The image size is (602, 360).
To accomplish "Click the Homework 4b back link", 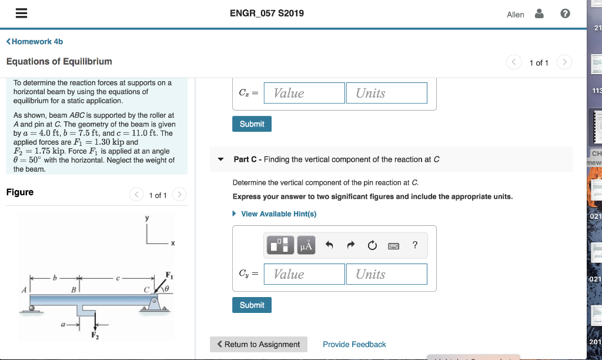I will point(35,41).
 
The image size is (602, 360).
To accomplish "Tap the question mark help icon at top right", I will point(565,14).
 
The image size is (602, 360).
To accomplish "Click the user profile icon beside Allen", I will point(539,14).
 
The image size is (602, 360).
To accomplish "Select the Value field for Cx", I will point(304,93).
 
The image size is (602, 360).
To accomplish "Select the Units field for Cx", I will point(386,93).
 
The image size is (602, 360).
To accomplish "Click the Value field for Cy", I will point(304,274).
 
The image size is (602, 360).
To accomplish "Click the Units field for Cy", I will point(386,274).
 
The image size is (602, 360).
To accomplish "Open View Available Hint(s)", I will point(278,214).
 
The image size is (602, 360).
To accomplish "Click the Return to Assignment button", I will point(259,344).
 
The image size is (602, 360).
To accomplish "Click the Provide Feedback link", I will point(354,344).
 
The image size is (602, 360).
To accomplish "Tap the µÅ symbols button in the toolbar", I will point(306,245).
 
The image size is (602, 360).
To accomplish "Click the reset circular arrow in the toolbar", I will point(372,246).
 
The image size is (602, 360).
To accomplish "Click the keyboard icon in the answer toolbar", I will point(393,246).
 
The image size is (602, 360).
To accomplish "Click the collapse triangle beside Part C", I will point(220,159).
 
